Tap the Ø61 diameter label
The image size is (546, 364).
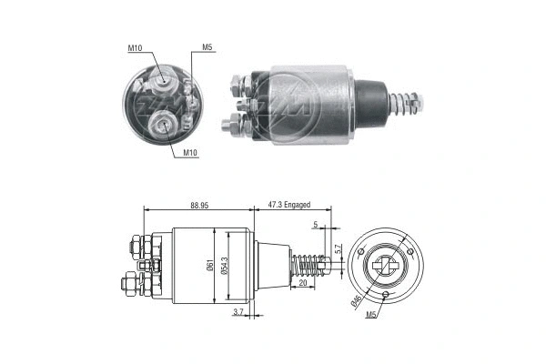tap(210, 266)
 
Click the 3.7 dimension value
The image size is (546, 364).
tap(238, 312)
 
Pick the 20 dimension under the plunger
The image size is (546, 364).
tap(303, 283)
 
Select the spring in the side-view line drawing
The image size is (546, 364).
tap(309, 267)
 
